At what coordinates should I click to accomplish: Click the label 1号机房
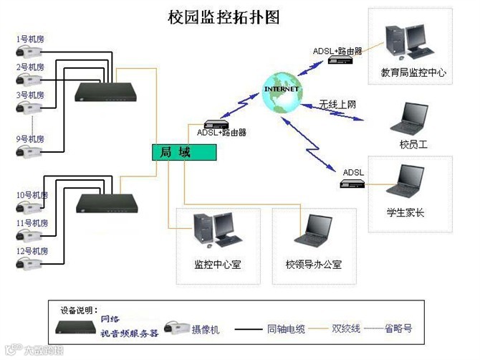click(x=30, y=39)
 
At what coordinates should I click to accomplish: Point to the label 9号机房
click(x=30, y=138)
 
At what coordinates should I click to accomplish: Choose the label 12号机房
click(x=32, y=251)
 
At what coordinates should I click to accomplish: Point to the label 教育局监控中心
click(x=414, y=72)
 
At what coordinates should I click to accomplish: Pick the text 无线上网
click(x=337, y=105)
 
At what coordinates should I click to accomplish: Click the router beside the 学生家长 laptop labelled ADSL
click(x=353, y=184)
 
